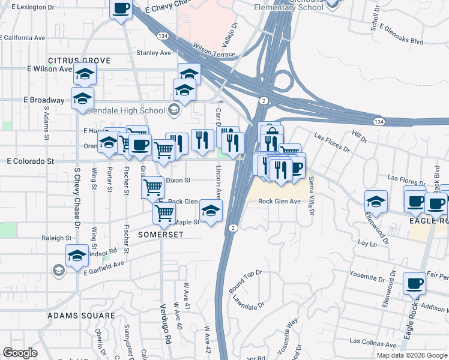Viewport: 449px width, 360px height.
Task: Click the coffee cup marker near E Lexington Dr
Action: pyautogui.click(x=121, y=8)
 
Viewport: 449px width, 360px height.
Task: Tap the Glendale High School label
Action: pyautogui.click(x=126, y=110)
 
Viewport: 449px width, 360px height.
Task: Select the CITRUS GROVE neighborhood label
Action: pyautogui.click(x=79, y=61)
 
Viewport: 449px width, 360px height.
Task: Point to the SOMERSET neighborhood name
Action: pyautogui.click(x=161, y=235)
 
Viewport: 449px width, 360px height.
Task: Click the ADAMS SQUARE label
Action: pyautogui.click(x=81, y=315)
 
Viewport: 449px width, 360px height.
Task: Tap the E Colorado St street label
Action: pyautogui.click(x=31, y=161)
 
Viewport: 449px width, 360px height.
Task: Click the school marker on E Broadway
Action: pyautogui.click(x=82, y=98)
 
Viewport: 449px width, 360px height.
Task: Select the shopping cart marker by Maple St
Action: pyautogui.click(x=164, y=212)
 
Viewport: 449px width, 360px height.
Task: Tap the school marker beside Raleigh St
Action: pyautogui.click(x=76, y=255)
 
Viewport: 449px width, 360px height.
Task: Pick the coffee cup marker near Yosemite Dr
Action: pyautogui.click(x=414, y=283)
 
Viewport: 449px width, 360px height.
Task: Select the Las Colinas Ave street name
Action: pyautogui.click(x=372, y=344)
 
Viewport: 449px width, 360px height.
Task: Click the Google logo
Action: pyautogui.click(x=20, y=353)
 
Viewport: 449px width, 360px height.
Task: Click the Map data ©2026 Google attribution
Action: pyautogui.click(x=411, y=355)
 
